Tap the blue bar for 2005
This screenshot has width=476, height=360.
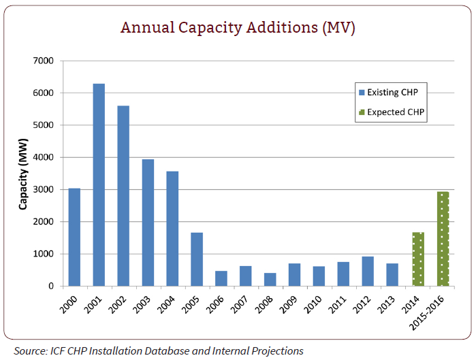(x=197, y=259)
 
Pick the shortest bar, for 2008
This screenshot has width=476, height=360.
(x=270, y=280)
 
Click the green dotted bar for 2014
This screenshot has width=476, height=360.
(x=417, y=259)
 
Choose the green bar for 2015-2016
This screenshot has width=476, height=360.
(x=443, y=239)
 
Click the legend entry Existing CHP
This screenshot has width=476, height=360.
(x=392, y=92)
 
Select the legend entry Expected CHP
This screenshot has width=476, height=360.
(x=392, y=111)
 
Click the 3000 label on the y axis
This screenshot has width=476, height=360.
(x=44, y=190)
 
